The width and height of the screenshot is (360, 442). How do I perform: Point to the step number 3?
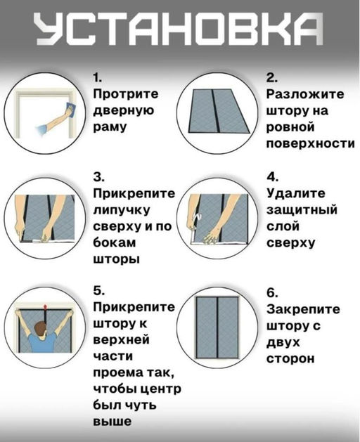[98, 176]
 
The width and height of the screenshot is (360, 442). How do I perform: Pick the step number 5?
[98, 290]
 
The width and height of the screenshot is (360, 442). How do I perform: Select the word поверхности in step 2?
[309, 143]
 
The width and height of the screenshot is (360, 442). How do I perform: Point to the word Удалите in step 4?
[295, 193]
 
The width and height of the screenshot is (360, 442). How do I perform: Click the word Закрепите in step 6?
[303, 309]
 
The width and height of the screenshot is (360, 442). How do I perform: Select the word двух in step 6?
[283, 342]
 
